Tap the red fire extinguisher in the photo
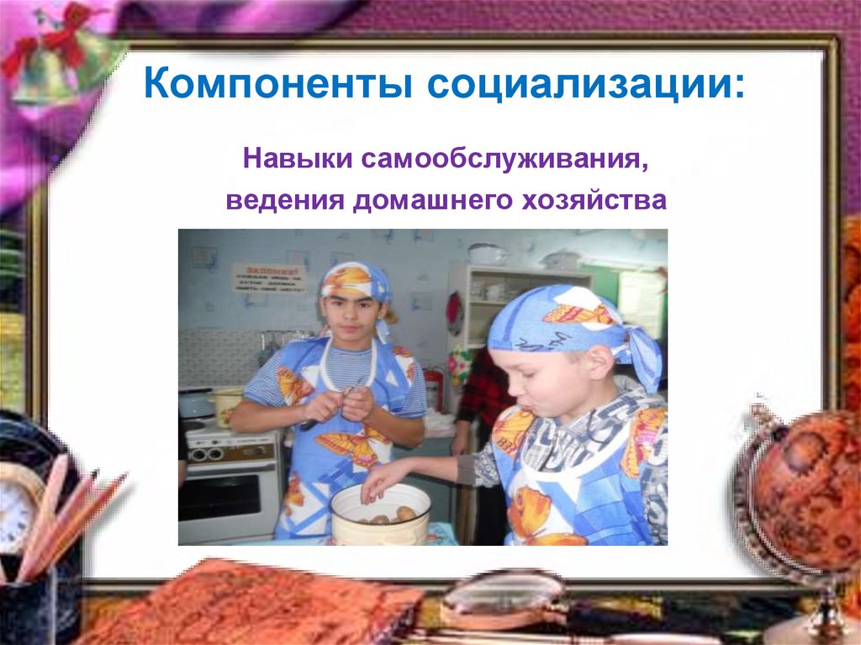pos(434,389)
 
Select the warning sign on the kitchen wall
pos(268,276)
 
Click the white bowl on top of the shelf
pos(487,253)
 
